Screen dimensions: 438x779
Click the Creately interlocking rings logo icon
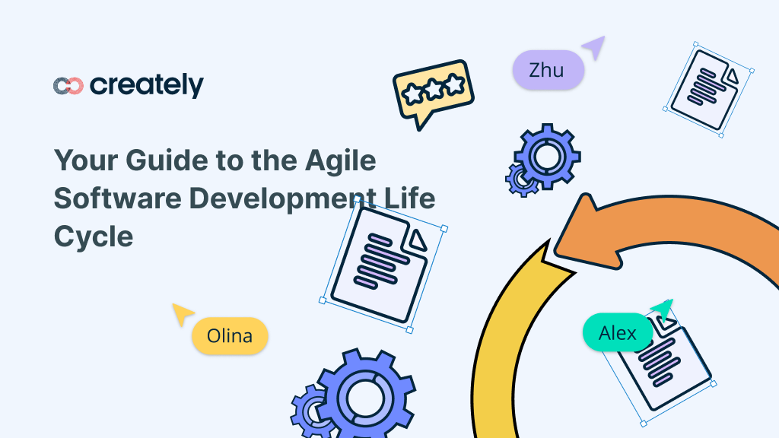pyautogui.click(x=68, y=86)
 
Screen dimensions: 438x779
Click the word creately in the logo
pyautogui.click(x=147, y=85)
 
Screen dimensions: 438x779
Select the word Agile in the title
pyautogui.click(x=340, y=161)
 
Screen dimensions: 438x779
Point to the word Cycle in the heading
pyautogui.click(x=93, y=236)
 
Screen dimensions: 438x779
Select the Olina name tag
pyautogui.click(x=230, y=335)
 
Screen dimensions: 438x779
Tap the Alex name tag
pyautogui.click(x=618, y=333)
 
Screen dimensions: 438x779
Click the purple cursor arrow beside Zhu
pyautogui.click(x=594, y=47)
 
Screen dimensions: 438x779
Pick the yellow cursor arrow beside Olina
pyautogui.click(x=182, y=313)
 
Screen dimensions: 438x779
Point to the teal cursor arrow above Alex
pyautogui.click(x=662, y=309)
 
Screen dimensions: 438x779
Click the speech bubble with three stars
pyautogui.click(x=432, y=91)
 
